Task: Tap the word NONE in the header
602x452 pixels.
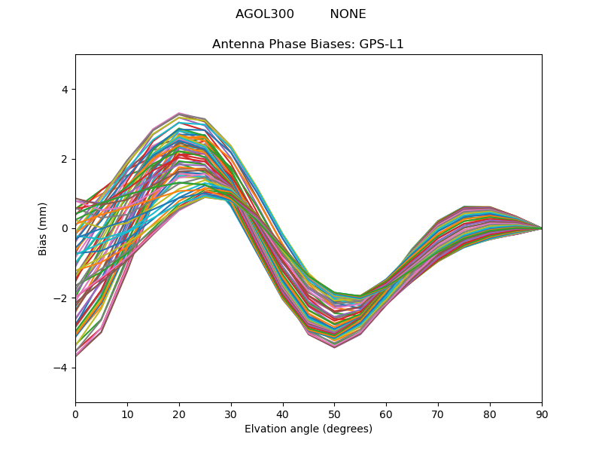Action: tap(348, 14)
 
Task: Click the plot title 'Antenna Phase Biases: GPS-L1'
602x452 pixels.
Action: tap(308, 44)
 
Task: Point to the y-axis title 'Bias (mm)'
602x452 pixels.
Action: tap(43, 228)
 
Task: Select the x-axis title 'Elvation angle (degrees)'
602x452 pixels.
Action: tap(308, 429)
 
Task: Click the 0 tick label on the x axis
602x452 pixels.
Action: tap(75, 414)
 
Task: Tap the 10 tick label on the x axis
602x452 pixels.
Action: tap(127, 414)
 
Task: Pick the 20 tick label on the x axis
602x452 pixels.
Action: tap(179, 414)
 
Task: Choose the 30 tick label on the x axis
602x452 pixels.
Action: tap(231, 414)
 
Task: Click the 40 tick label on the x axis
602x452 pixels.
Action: tap(283, 414)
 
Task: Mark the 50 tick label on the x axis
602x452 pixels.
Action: tap(334, 414)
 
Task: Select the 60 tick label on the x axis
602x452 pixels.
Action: tap(386, 414)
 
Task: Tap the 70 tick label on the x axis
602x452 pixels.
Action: tap(438, 414)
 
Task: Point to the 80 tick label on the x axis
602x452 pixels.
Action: tap(490, 414)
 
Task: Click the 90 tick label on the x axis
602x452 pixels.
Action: tap(542, 414)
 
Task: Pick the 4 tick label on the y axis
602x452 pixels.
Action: tap(64, 90)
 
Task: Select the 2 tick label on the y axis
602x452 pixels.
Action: tap(64, 159)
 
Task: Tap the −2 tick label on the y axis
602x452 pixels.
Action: tap(61, 298)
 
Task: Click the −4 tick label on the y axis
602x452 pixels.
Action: tap(61, 368)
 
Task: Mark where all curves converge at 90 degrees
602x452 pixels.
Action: tap(541, 228)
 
